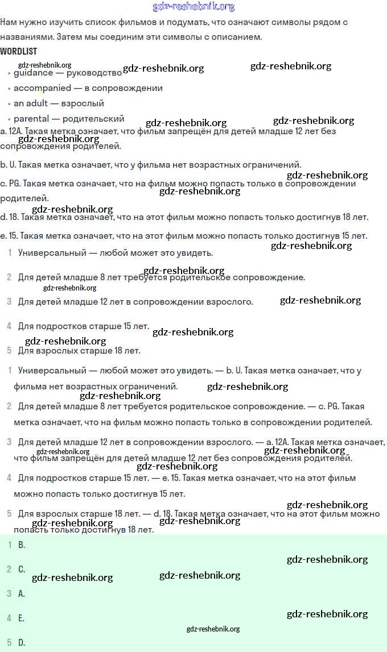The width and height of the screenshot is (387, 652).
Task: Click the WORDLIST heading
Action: click(19, 51)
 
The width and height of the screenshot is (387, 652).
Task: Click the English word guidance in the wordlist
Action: click(34, 73)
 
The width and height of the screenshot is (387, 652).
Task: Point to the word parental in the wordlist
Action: click(31, 119)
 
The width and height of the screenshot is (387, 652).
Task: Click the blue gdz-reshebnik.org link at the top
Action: click(193, 7)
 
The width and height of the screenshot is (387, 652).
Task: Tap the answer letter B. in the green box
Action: click(22, 545)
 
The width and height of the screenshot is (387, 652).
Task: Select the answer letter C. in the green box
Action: click(22, 569)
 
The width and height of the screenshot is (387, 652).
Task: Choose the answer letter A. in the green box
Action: click(22, 593)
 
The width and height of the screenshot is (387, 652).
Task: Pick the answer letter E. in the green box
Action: click(21, 618)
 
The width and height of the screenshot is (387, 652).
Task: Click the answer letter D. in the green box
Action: click(22, 643)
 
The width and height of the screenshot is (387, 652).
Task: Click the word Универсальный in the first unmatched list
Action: click(52, 252)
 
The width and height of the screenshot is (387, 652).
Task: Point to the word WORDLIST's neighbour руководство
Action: click(94, 73)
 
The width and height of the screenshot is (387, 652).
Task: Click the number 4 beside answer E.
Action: click(9, 618)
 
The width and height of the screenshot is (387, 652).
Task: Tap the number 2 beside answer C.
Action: click(9, 569)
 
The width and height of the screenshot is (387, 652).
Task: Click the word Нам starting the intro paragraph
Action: click(9, 22)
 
